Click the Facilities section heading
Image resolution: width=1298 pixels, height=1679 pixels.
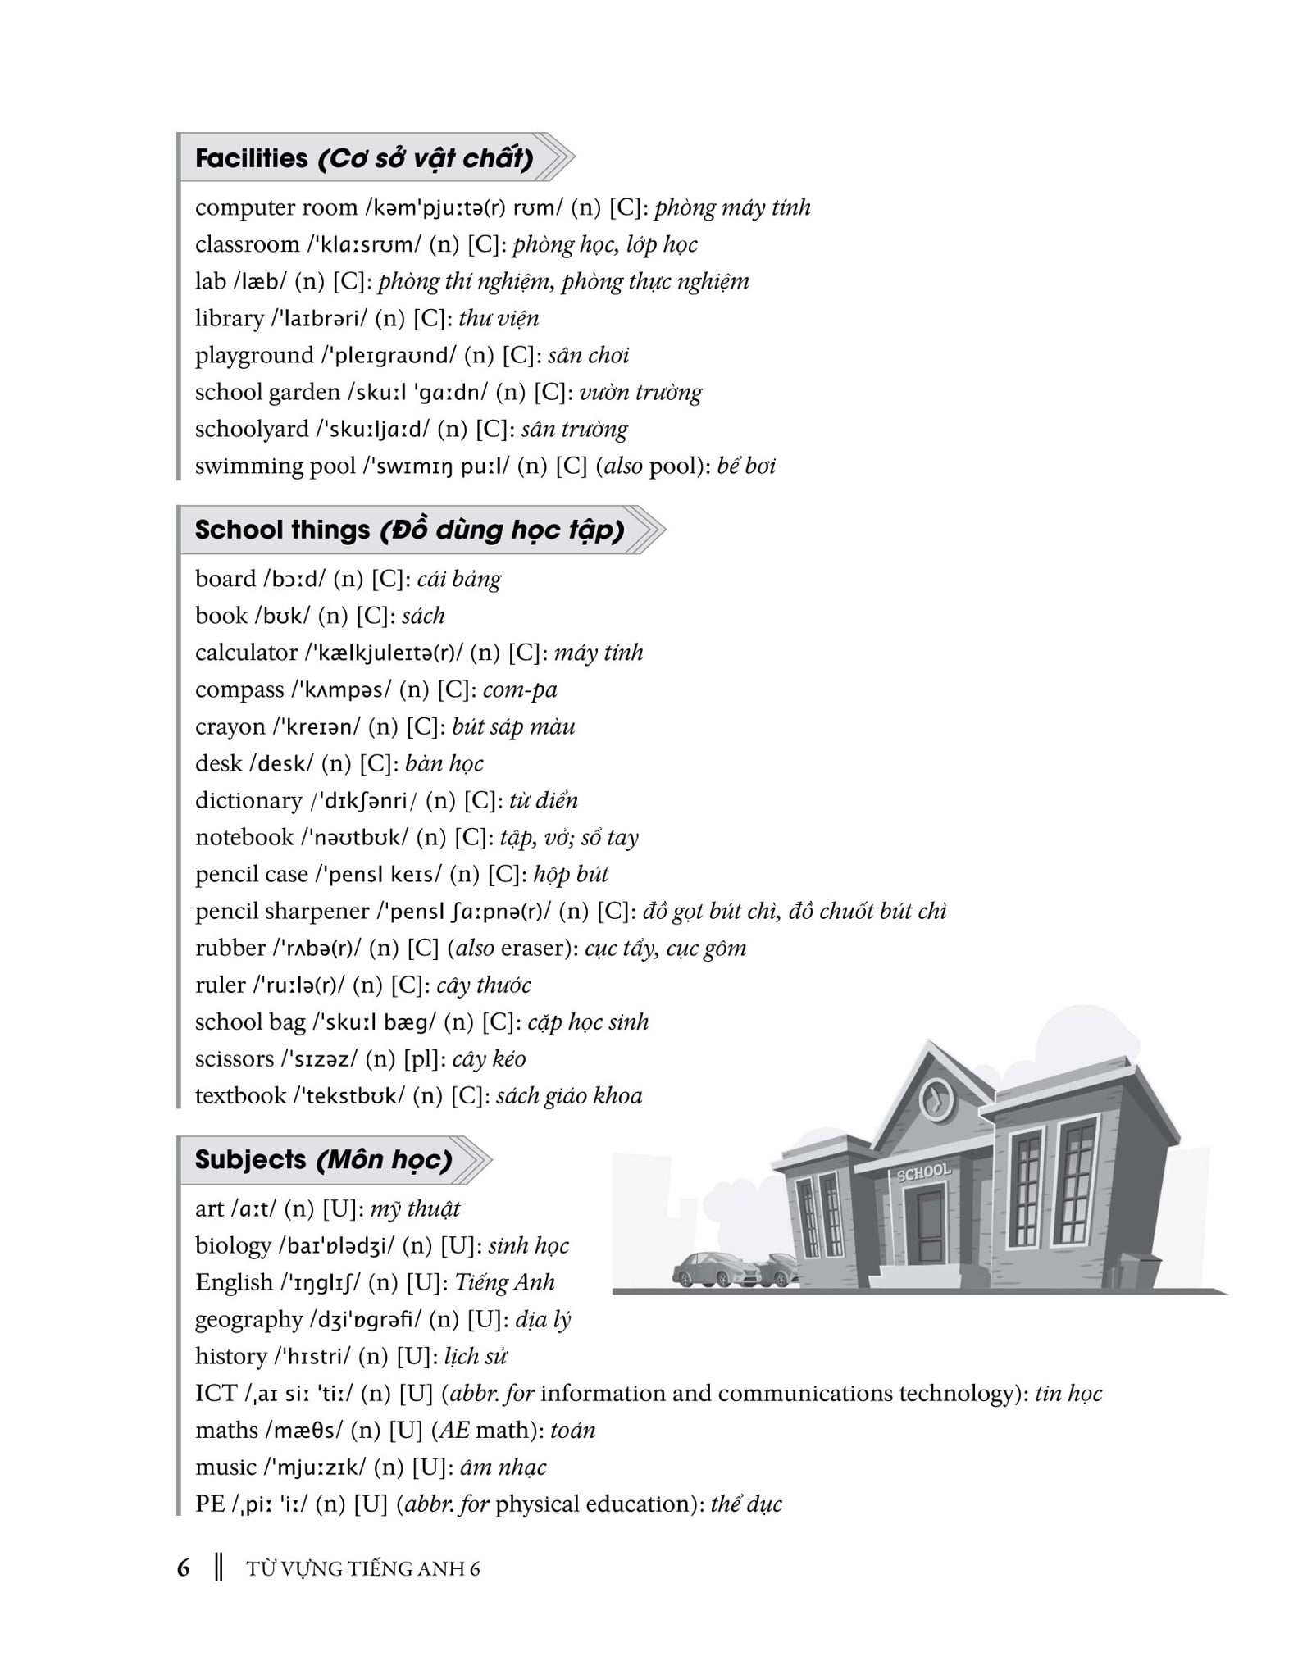coord(364,157)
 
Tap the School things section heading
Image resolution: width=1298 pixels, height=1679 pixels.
coord(409,530)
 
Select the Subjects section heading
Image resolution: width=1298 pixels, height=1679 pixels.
coord(323,1159)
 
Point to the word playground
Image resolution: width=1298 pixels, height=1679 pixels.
coord(254,355)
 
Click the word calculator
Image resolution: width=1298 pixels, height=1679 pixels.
coord(246,653)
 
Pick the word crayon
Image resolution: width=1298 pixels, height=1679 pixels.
coord(230,726)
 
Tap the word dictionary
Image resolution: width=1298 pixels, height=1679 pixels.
coord(248,800)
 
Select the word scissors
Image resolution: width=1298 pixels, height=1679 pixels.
coord(234,1058)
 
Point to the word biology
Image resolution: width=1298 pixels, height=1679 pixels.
coord(233,1245)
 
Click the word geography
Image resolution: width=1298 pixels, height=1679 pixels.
coord(248,1319)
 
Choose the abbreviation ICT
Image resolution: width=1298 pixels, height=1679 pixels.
coord(216,1393)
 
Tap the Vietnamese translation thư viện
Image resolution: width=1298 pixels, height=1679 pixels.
coord(499,318)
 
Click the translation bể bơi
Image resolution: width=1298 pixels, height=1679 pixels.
coord(745,466)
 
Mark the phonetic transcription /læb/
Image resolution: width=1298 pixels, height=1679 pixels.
coord(260,281)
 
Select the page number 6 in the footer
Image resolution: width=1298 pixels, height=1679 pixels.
coord(184,1568)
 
